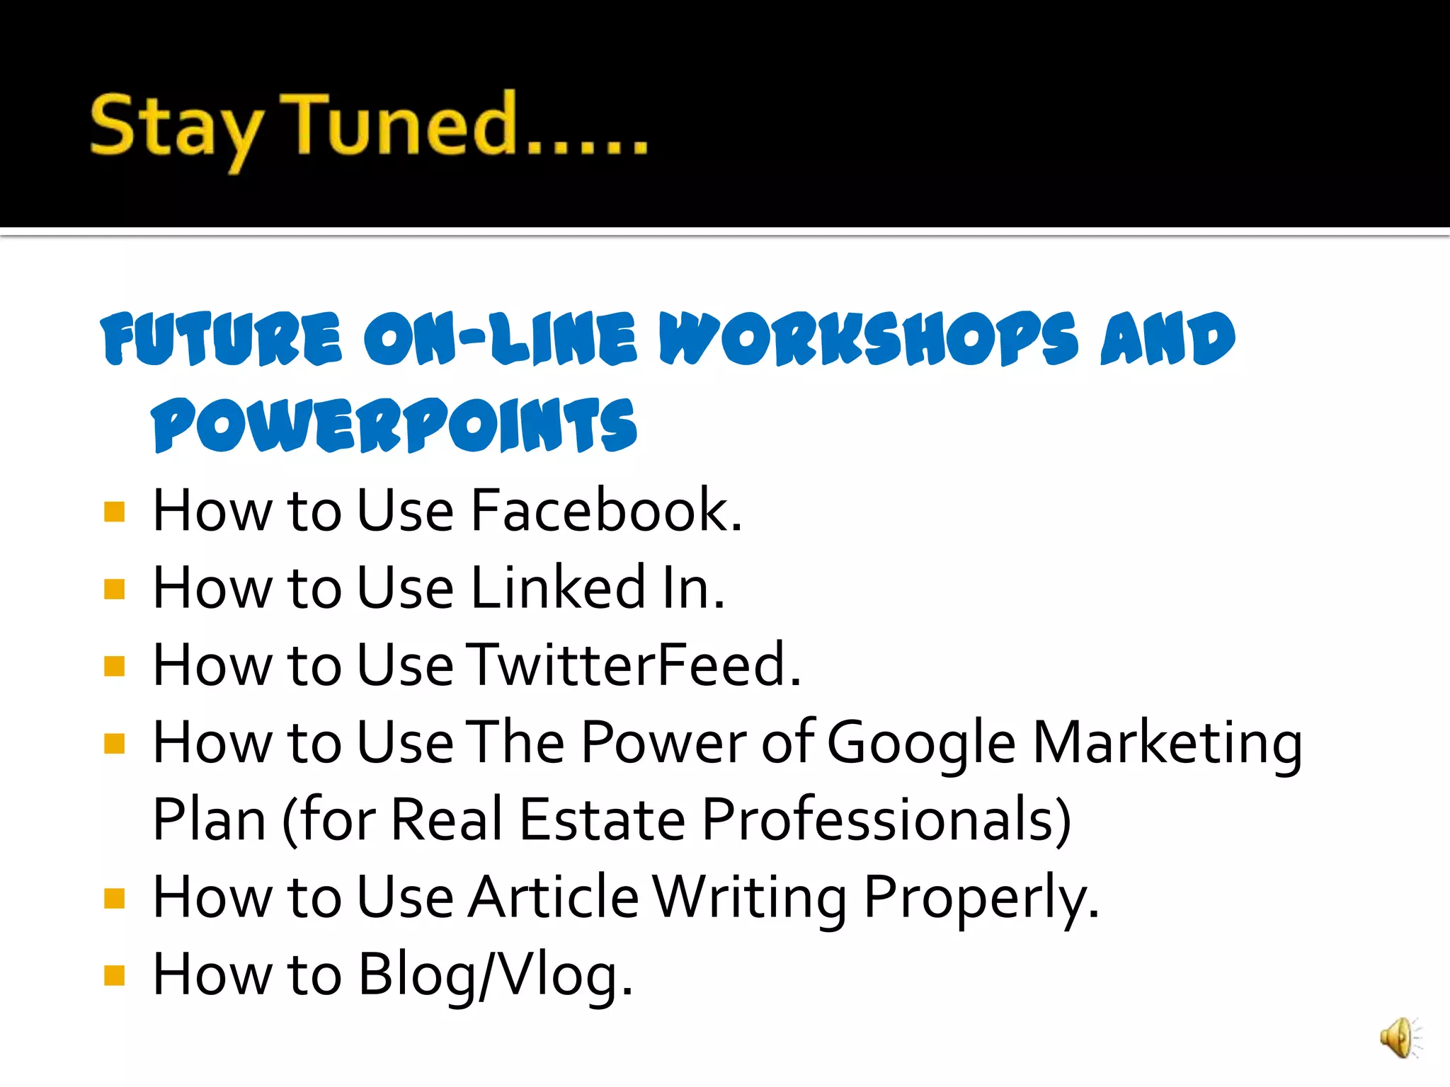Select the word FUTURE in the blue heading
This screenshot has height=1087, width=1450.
click(222, 339)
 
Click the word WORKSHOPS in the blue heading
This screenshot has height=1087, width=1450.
click(868, 339)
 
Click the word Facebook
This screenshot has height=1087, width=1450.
click(605, 510)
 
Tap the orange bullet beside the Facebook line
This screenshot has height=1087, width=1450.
click(114, 511)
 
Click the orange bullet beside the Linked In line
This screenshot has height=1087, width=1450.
click(114, 589)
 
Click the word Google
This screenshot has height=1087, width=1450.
click(921, 743)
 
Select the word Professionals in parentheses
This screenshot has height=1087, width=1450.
click(885, 820)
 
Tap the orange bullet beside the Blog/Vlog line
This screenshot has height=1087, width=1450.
click(114, 975)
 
